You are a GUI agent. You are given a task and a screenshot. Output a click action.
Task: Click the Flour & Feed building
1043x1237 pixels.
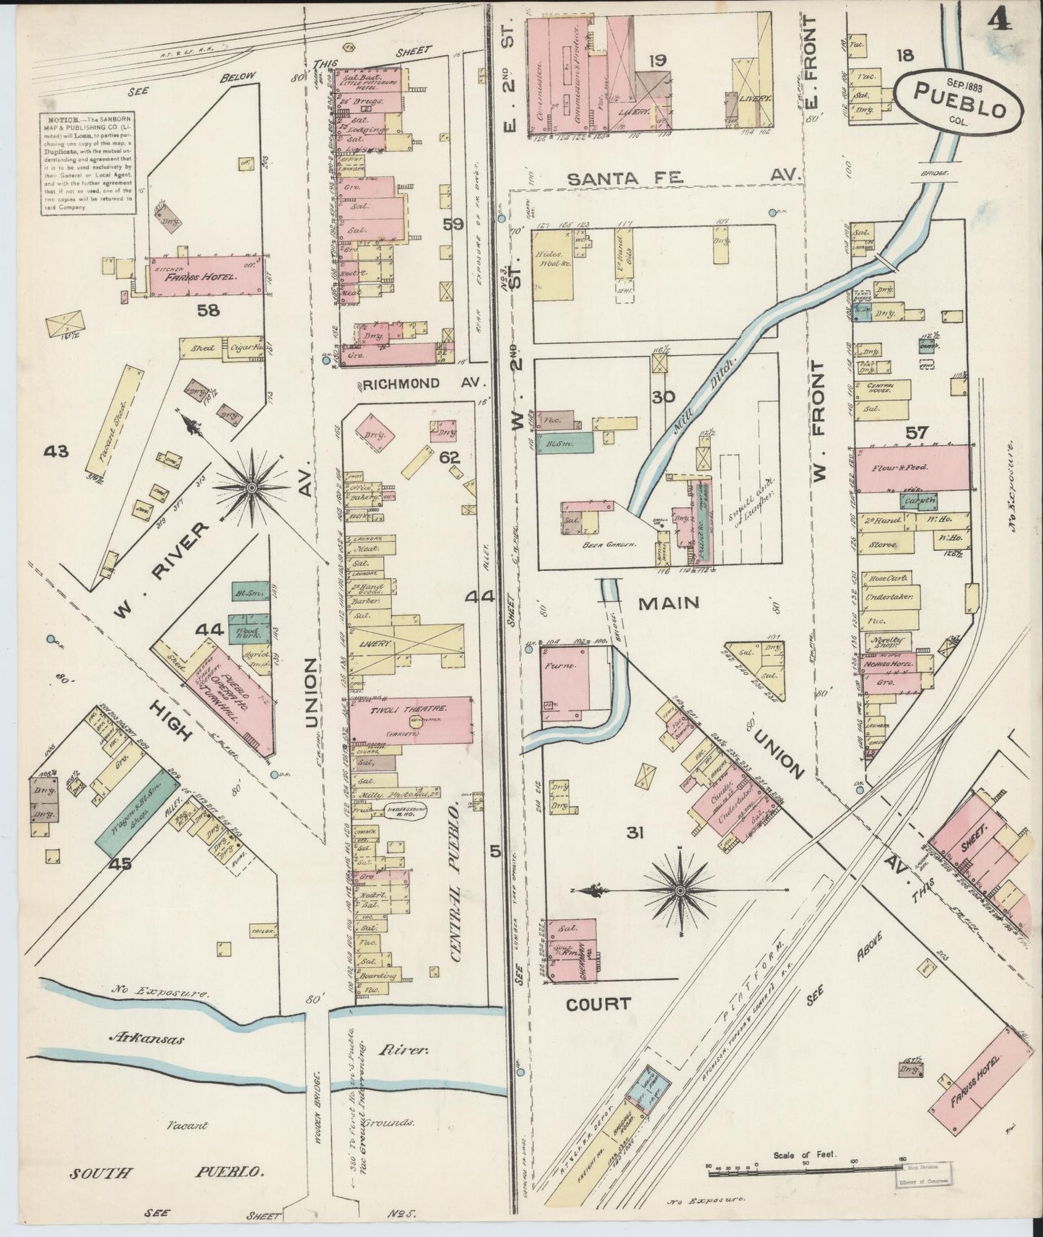pyautogui.click(x=913, y=468)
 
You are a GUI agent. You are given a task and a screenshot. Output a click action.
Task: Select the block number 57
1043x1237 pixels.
pyautogui.click(x=917, y=433)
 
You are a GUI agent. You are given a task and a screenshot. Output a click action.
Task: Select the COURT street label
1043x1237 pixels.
pyautogui.click(x=598, y=1003)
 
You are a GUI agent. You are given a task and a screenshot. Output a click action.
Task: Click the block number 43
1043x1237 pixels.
pyautogui.click(x=56, y=452)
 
